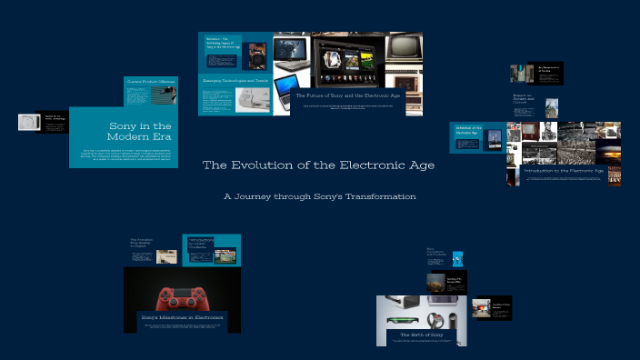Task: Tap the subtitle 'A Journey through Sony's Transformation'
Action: pos(319,196)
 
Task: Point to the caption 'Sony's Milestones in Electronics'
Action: pos(183,318)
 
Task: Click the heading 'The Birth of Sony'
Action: pos(422,335)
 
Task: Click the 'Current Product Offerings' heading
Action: pos(150,83)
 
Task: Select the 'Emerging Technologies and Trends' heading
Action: pos(235,80)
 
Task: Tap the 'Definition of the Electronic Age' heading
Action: pos(468,130)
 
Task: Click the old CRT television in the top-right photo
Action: pos(404,48)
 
